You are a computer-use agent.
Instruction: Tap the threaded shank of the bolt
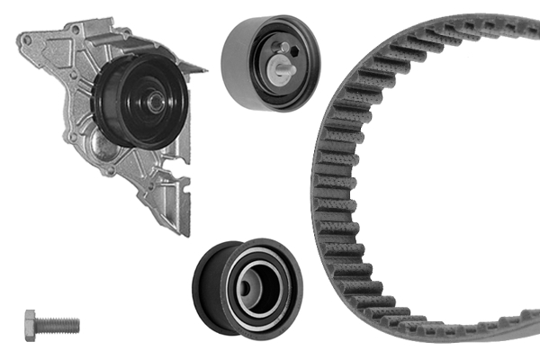coord(59,323)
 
